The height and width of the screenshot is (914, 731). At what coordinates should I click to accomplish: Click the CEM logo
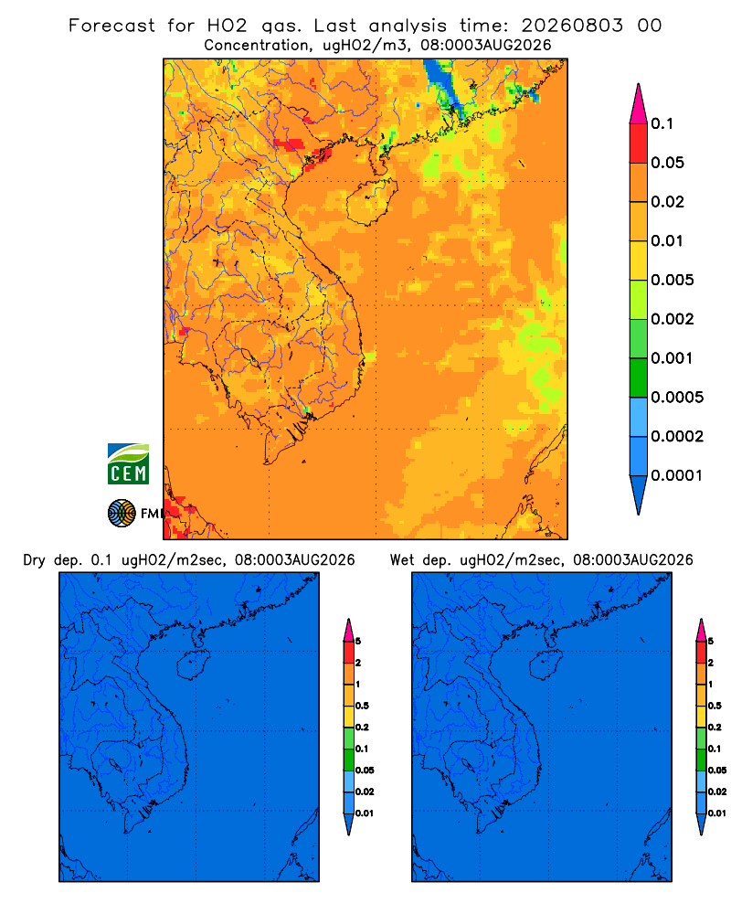pyautogui.click(x=128, y=463)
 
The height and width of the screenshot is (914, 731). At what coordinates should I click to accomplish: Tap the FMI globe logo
pyautogui.click(x=122, y=513)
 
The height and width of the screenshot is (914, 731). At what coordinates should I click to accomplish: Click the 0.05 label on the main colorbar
pyautogui.click(x=667, y=163)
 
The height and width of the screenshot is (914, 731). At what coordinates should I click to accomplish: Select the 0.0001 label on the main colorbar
pyautogui.click(x=677, y=475)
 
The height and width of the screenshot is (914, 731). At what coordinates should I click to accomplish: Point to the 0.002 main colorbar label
pyautogui.click(x=673, y=319)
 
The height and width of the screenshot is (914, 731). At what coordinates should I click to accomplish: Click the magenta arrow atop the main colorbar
pyautogui.click(x=639, y=103)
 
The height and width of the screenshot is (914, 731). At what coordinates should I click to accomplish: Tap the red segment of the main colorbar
pyautogui.click(x=639, y=143)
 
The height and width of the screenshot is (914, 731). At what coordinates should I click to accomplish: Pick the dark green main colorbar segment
pyautogui.click(x=639, y=377)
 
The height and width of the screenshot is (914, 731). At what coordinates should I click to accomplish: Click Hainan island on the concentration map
pyautogui.click(x=372, y=202)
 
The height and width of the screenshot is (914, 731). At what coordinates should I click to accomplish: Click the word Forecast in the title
pyautogui.click(x=111, y=26)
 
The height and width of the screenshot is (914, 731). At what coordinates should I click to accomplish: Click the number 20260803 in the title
pyautogui.click(x=572, y=26)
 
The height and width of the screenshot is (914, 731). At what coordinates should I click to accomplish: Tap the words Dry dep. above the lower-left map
pyautogui.click(x=52, y=560)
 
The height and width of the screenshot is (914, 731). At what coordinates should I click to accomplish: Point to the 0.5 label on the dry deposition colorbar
pyautogui.click(x=362, y=706)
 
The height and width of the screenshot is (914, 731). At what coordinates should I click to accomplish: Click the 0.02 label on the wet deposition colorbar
pyautogui.click(x=717, y=792)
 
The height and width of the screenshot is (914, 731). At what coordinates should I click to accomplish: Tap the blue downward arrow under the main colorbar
pyautogui.click(x=639, y=495)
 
